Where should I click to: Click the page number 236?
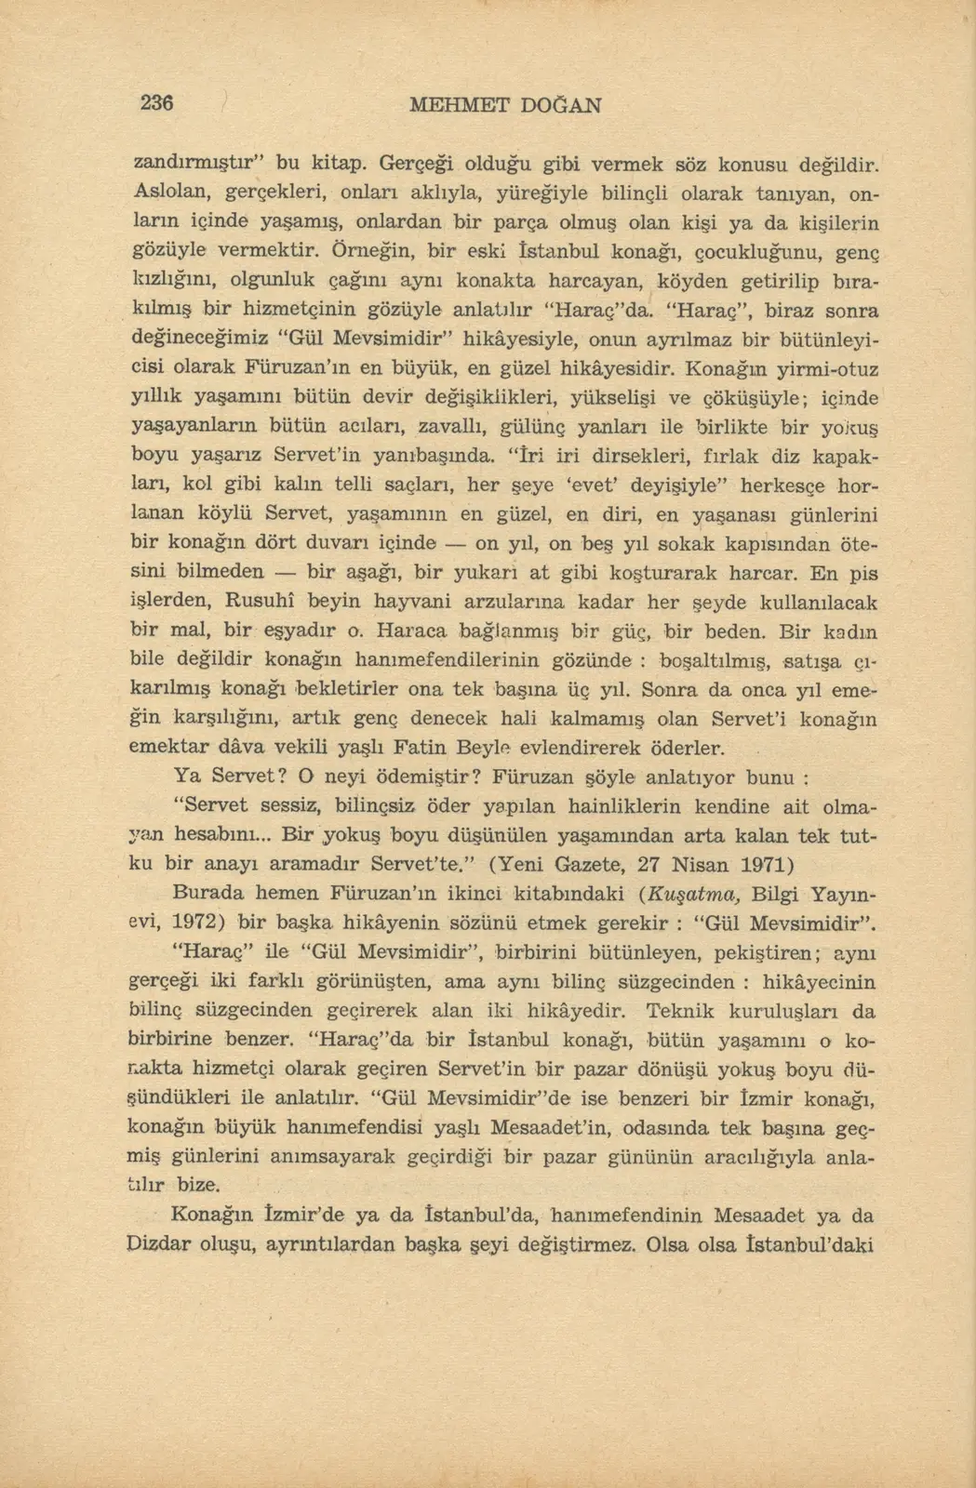click(157, 103)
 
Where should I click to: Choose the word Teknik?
click(682, 1010)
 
